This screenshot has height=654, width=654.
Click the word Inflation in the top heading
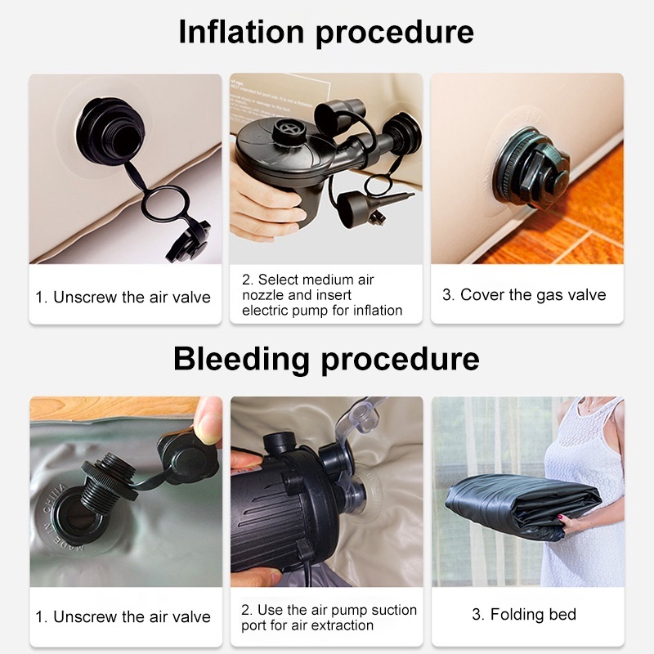pyautogui.click(x=241, y=31)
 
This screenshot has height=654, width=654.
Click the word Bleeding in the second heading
pyautogui.click(x=240, y=359)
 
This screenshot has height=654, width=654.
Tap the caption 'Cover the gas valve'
pyautogui.click(x=533, y=295)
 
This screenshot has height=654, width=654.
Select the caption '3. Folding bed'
pyautogui.click(x=524, y=615)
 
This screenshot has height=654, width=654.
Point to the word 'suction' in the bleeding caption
pyautogui.click(x=394, y=610)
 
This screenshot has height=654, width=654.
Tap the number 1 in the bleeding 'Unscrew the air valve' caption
pyautogui.click(x=40, y=617)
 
